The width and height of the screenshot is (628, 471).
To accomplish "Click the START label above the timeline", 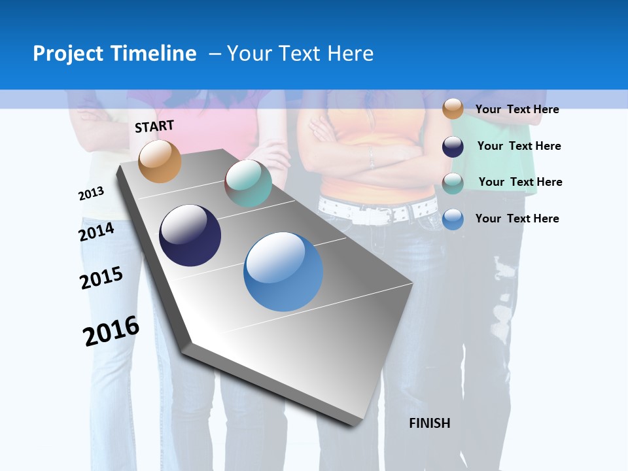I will (x=154, y=126).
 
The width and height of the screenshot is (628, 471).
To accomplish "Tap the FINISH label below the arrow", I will (x=429, y=423).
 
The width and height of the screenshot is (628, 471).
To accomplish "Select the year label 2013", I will (x=91, y=194).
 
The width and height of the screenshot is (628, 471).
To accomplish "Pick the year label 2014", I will (x=97, y=232).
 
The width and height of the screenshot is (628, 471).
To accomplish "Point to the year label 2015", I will (x=101, y=278).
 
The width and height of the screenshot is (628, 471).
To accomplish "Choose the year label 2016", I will (x=111, y=331).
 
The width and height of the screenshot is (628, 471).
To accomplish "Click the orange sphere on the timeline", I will (x=160, y=161).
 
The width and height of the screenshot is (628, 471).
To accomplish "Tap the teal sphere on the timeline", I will (x=248, y=183).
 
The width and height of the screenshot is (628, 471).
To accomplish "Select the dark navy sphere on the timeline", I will (x=190, y=235).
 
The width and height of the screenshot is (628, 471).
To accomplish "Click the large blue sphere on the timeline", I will (x=283, y=271).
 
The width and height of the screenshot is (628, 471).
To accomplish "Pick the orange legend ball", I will (x=453, y=109).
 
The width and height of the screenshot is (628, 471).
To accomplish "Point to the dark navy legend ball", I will (x=453, y=147).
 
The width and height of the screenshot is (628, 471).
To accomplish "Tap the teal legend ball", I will (x=453, y=183).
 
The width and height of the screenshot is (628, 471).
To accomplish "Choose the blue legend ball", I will (x=453, y=219).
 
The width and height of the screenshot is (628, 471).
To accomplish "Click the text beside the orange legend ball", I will (x=517, y=109).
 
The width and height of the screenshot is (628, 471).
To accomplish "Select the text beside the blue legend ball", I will (x=517, y=218).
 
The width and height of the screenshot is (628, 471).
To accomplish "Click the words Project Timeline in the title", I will (x=114, y=54).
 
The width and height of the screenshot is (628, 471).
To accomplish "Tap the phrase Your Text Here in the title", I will (x=300, y=54).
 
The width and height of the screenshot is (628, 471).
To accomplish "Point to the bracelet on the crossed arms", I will (x=371, y=158).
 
